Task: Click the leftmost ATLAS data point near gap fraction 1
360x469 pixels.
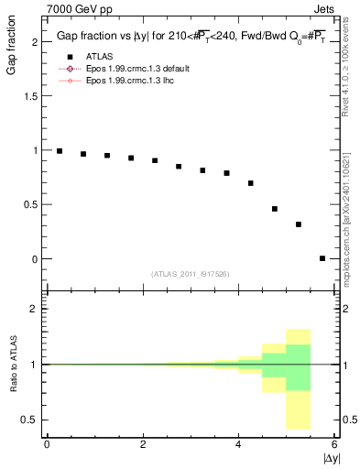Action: [60, 151]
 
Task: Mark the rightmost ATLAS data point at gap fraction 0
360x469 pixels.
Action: [322, 258]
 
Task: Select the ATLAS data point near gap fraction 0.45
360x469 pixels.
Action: [275, 209]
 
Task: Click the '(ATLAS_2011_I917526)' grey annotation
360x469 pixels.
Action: [190, 274]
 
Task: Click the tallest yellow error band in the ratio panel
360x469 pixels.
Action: [299, 379]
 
